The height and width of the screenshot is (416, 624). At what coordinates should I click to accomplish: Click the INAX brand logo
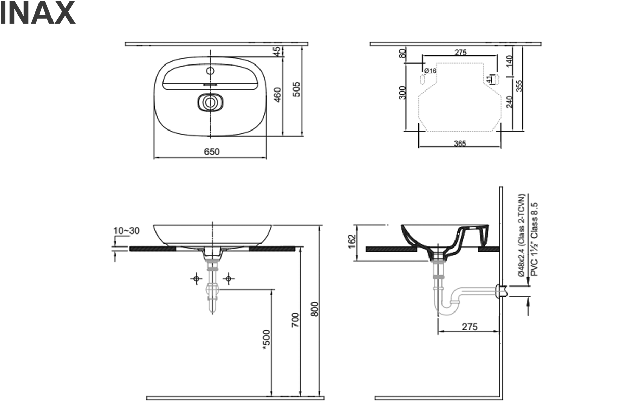click(37, 14)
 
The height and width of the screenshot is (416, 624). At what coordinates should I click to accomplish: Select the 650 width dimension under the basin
click(212, 152)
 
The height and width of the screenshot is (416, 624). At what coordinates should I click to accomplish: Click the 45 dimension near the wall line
click(277, 51)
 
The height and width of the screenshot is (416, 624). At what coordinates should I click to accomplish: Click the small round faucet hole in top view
click(211, 70)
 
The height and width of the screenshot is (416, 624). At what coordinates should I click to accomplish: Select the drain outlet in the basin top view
click(211, 102)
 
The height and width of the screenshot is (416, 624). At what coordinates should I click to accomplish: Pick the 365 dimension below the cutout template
click(459, 143)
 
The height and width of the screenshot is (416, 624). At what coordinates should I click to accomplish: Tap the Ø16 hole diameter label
click(430, 71)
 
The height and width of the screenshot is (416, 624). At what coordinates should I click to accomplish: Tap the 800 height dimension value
click(314, 309)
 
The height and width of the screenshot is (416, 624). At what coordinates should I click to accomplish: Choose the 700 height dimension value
click(295, 319)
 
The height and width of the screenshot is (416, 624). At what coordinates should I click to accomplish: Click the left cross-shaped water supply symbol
click(196, 279)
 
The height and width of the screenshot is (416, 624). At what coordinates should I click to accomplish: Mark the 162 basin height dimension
click(351, 240)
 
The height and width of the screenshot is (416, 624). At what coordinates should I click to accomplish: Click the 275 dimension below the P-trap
click(469, 327)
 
